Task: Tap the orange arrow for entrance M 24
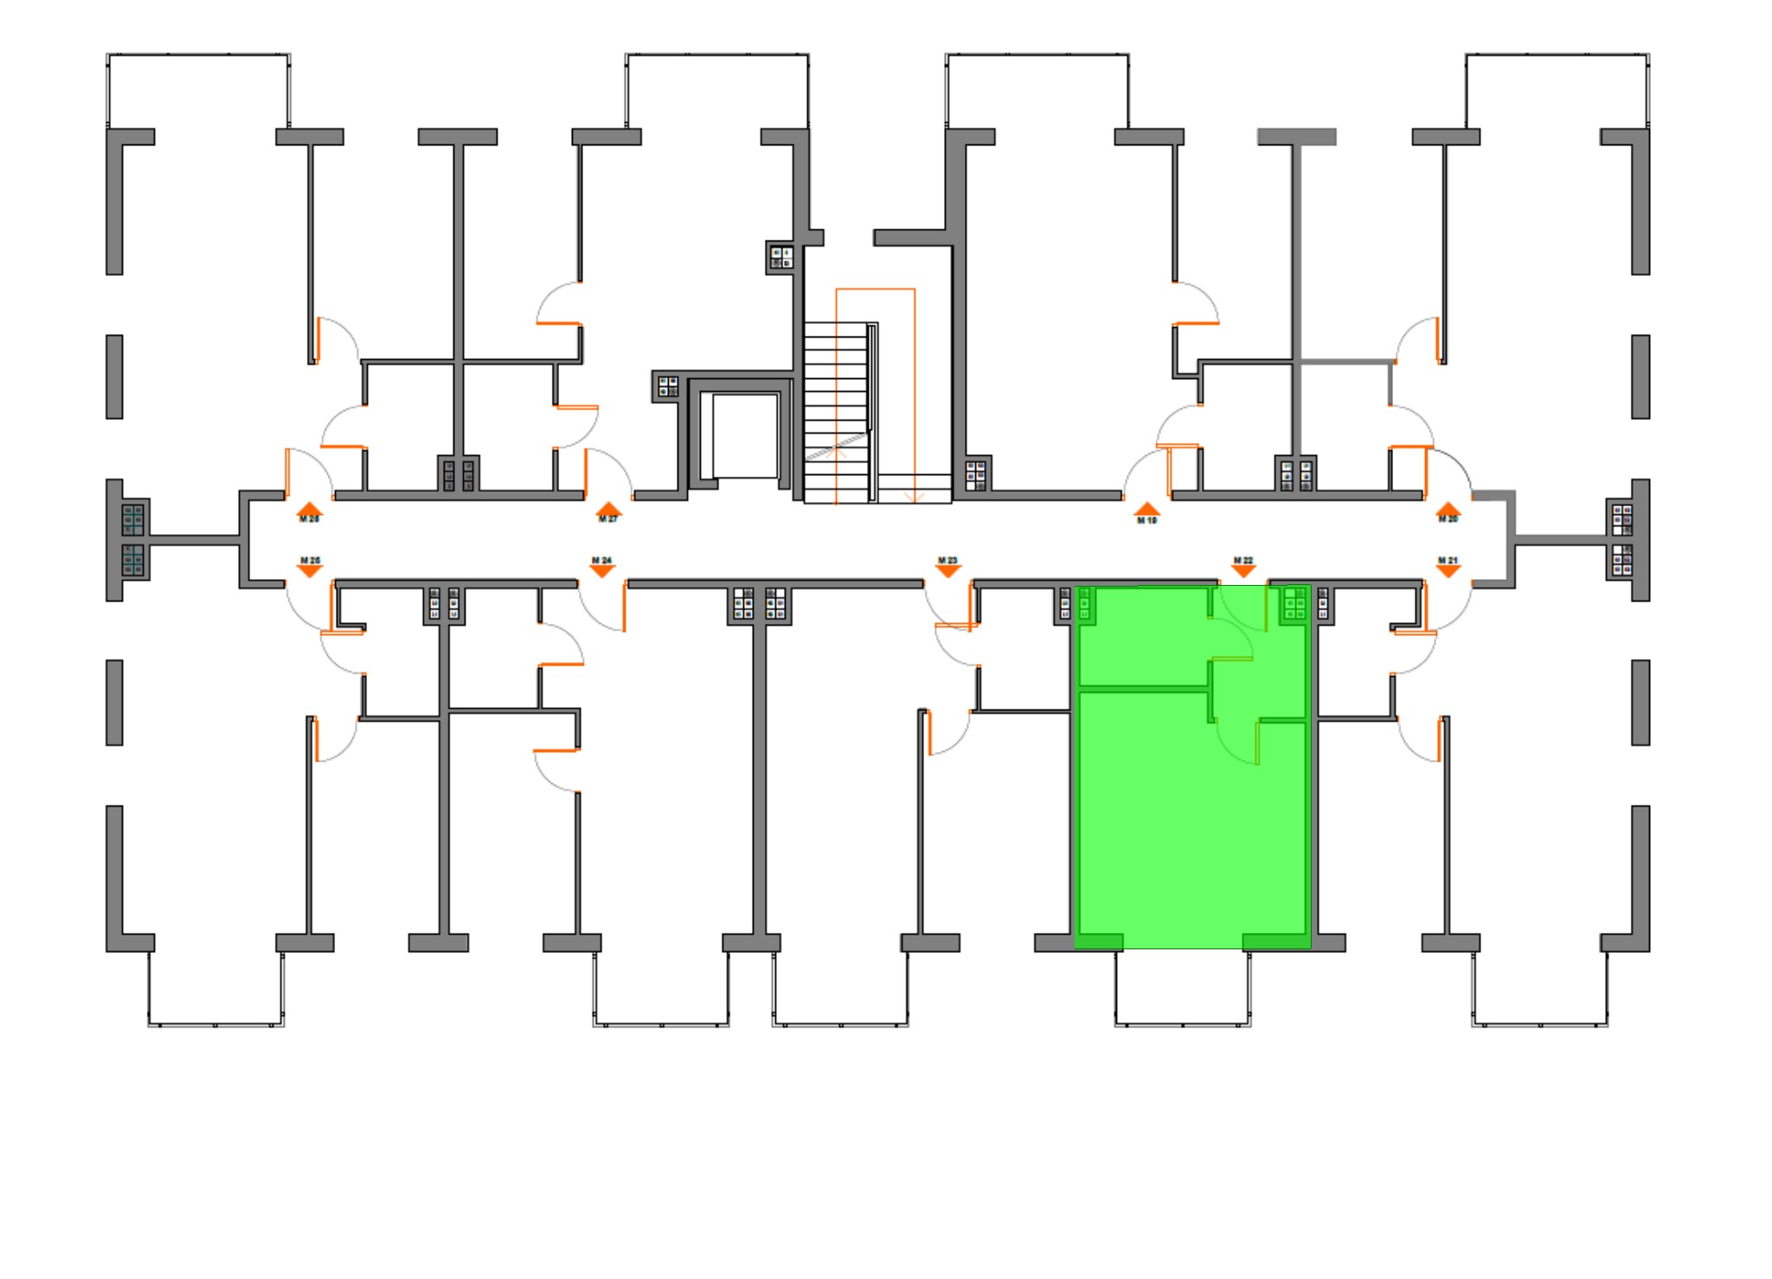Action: tap(602, 571)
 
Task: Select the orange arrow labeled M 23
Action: tap(948, 571)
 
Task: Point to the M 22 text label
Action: tap(1243, 561)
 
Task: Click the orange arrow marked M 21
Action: tap(1448, 571)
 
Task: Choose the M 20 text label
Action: tap(1448, 519)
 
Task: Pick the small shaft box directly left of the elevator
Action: tap(667, 386)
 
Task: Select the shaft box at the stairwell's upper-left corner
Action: tap(781, 257)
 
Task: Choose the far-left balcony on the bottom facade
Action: tap(216, 987)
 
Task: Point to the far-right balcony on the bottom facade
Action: tap(1540, 987)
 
